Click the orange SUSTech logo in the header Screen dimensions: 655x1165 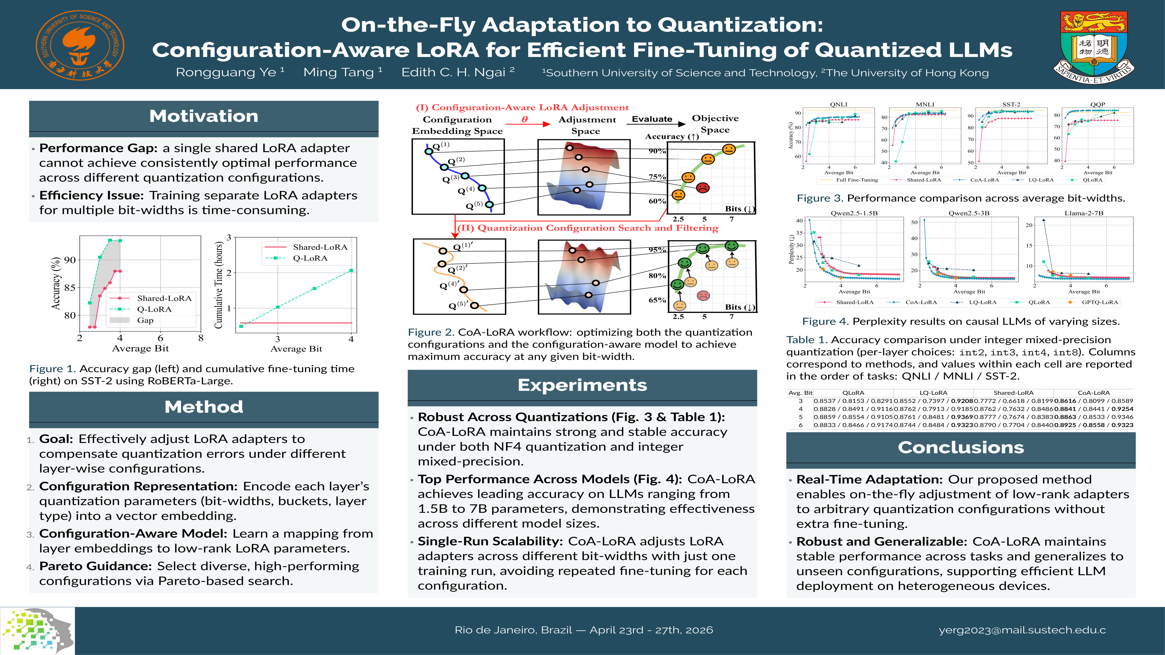click(x=80, y=45)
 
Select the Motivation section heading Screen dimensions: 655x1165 click(x=203, y=116)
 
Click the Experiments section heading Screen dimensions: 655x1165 click(x=582, y=385)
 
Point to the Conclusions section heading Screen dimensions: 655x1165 click(x=961, y=448)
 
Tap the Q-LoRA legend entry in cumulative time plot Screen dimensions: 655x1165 click(x=310, y=258)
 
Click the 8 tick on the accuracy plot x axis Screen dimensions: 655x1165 click(x=201, y=338)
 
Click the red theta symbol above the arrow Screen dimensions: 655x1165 click(x=525, y=119)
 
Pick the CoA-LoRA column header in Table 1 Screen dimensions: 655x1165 click(x=1094, y=393)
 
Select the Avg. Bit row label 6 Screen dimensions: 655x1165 click(x=800, y=425)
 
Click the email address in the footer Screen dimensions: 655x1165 click(x=1022, y=630)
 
